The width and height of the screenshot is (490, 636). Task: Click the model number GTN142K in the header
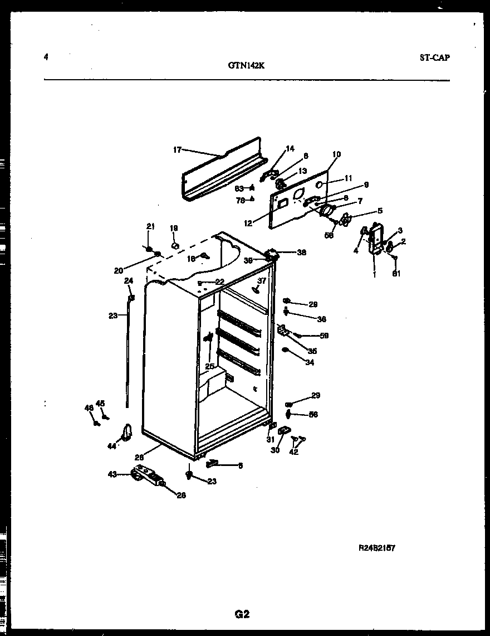click(x=246, y=65)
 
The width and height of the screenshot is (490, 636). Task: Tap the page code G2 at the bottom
click(x=242, y=614)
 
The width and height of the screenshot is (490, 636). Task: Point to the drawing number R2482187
click(x=376, y=548)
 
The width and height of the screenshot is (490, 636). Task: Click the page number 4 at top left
click(x=46, y=57)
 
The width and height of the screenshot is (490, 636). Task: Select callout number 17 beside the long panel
click(x=177, y=149)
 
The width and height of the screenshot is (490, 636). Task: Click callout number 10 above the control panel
click(x=336, y=154)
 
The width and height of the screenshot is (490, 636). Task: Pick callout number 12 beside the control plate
click(x=248, y=223)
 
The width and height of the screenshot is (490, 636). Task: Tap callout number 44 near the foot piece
click(x=112, y=445)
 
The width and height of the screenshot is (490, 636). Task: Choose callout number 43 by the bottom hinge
click(x=112, y=474)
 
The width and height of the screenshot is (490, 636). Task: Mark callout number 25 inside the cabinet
click(x=209, y=366)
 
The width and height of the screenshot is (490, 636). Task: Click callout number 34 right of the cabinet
click(x=310, y=363)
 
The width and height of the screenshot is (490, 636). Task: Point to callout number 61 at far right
click(x=396, y=273)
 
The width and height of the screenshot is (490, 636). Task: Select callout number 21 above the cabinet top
click(x=150, y=226)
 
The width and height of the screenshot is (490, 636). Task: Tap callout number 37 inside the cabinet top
click(x=262, y=280)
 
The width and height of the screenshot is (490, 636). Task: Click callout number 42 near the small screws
click(x=293, y=451)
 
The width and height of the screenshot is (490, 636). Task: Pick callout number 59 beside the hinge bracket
click(x=324, y=336)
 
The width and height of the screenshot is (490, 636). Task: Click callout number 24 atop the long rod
click(x=128, y=280)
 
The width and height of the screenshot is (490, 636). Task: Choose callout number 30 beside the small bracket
click(x=275, y=450)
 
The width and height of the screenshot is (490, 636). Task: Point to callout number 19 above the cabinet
click(x=174, y=228)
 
